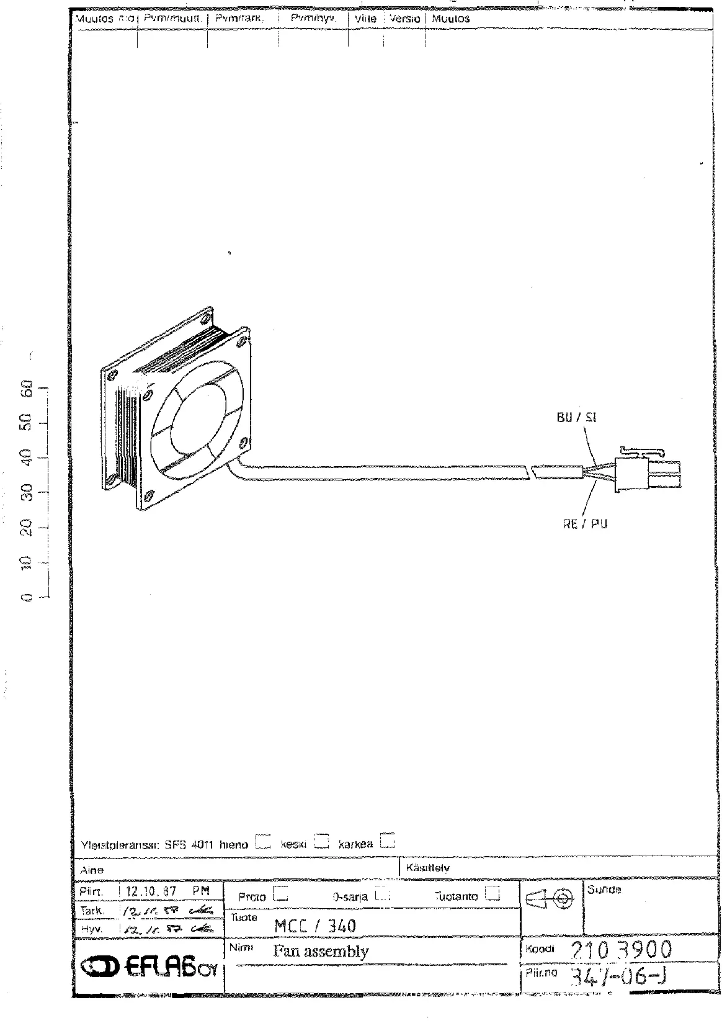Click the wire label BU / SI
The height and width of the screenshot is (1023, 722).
pos(576,418)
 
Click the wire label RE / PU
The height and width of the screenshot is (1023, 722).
pos(585,524)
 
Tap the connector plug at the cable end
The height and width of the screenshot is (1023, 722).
pos(646,472)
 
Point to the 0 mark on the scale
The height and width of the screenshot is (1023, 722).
pos(26,597)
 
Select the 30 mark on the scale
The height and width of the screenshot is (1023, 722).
pos(26,493)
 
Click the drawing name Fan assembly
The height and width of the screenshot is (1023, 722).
pos(321,951)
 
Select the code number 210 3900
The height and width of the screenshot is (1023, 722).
pos(619,950)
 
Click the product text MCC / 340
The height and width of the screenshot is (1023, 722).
pos(315,926)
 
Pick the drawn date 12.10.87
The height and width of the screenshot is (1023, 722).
pos(151,891)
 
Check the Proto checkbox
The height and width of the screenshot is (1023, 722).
pos(282,895)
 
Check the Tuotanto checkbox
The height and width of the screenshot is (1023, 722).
pos(492,894)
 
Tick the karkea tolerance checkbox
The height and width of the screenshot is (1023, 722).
pos(388,840)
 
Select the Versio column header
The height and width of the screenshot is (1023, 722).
pos(405,19)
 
